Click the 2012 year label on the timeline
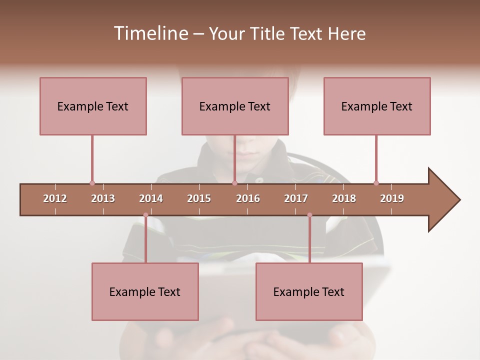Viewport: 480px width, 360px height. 55,198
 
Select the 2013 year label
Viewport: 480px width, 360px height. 103,198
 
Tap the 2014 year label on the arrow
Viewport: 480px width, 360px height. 151,198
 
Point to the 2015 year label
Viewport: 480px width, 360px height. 199,198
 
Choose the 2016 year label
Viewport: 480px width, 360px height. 248,198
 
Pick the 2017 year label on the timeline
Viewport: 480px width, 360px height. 296,198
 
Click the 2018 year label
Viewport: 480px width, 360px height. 344,198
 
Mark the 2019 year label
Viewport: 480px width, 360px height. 392,198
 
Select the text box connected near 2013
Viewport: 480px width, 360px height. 93,106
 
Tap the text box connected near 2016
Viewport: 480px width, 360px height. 235,106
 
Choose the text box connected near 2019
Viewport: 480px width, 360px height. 377,106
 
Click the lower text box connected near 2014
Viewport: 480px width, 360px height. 145,291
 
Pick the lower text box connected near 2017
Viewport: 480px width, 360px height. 309,291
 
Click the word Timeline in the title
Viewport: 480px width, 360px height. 150,33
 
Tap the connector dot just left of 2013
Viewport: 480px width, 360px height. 92,183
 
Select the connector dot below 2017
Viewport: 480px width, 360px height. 309,215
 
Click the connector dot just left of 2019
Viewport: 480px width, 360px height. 376,183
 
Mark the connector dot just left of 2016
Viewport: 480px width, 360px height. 234,183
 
